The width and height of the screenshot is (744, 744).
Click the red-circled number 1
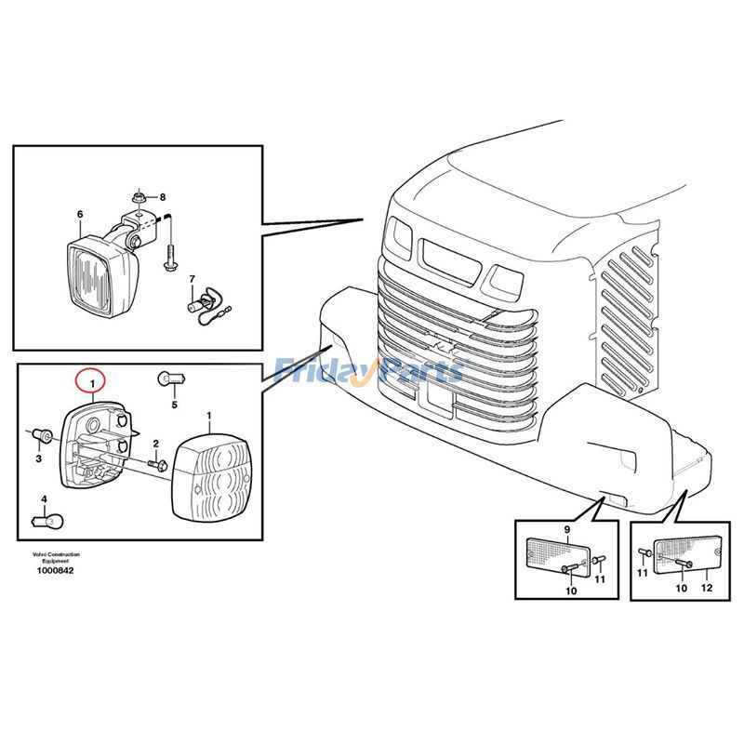click(91, 381)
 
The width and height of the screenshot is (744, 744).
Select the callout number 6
click(80, 215)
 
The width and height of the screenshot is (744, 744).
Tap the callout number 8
click(162, 197)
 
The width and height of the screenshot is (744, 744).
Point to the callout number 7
click(192, 278)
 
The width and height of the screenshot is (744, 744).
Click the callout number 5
click(173, 405)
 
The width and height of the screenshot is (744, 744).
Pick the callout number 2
click(155, 444)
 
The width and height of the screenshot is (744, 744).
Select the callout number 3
click(39, 458)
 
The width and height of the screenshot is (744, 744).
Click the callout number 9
click(566, 529)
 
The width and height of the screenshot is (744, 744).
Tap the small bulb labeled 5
click(173, 378)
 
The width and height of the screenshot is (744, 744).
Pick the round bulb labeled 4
click(45, 521)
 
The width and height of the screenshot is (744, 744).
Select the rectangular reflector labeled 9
click(557, 555)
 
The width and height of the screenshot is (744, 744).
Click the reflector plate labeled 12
click(687, 556)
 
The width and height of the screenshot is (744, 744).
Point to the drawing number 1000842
click(56, 570)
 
